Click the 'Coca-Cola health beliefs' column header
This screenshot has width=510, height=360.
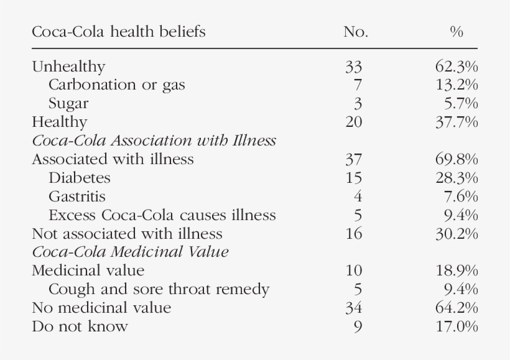click(x=118, y=32)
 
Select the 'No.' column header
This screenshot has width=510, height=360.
click(x=355, y=32)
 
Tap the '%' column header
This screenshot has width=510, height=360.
click(x=457, y=32)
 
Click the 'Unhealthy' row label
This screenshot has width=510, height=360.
click(x=68, y=67)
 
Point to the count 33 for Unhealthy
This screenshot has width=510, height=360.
click(x=353, y=67)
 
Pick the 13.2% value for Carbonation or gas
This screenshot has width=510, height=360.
click(x=456, y=85)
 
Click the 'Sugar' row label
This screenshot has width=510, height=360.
click(x=68, y=103)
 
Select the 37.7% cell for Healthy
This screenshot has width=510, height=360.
click(x=456, y=122)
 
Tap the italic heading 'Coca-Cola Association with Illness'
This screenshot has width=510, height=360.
click(x=154, y=141)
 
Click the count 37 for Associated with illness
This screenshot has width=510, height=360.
click(x=353, y=159)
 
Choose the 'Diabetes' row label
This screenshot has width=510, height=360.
click(x=79, y=178)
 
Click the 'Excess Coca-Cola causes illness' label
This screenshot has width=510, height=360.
click(x=162, y=215)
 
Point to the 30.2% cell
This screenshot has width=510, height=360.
click(x=456, y=234)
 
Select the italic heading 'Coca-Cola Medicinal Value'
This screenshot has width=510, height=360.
click(x=130, y=252)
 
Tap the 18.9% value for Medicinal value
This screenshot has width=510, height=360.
click(x=456, y=270)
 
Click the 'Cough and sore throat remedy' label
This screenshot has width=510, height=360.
click(x=159, y=289)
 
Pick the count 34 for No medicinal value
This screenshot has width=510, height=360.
click(x=353, y=308)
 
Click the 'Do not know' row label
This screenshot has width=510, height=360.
click(x=80, y=326)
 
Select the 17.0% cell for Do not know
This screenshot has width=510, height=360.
click(x=456, y=326)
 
